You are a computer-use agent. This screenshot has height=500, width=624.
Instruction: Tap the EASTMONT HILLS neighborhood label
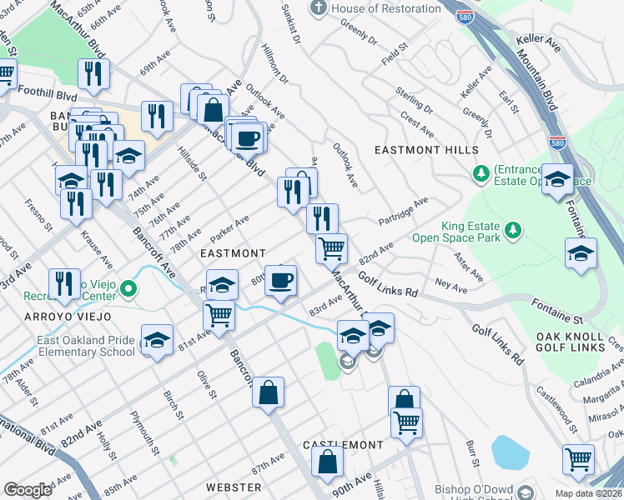426,150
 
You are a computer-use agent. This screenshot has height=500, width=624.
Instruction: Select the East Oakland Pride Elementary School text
85,346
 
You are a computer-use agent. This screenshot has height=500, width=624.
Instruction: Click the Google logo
28,490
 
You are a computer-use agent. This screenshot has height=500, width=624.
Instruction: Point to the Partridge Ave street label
402,212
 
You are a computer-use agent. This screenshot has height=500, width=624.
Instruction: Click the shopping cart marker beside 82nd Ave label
332,247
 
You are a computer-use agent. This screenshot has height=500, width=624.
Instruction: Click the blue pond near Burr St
511,452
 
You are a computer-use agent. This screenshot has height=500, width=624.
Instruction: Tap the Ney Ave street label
451,285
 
